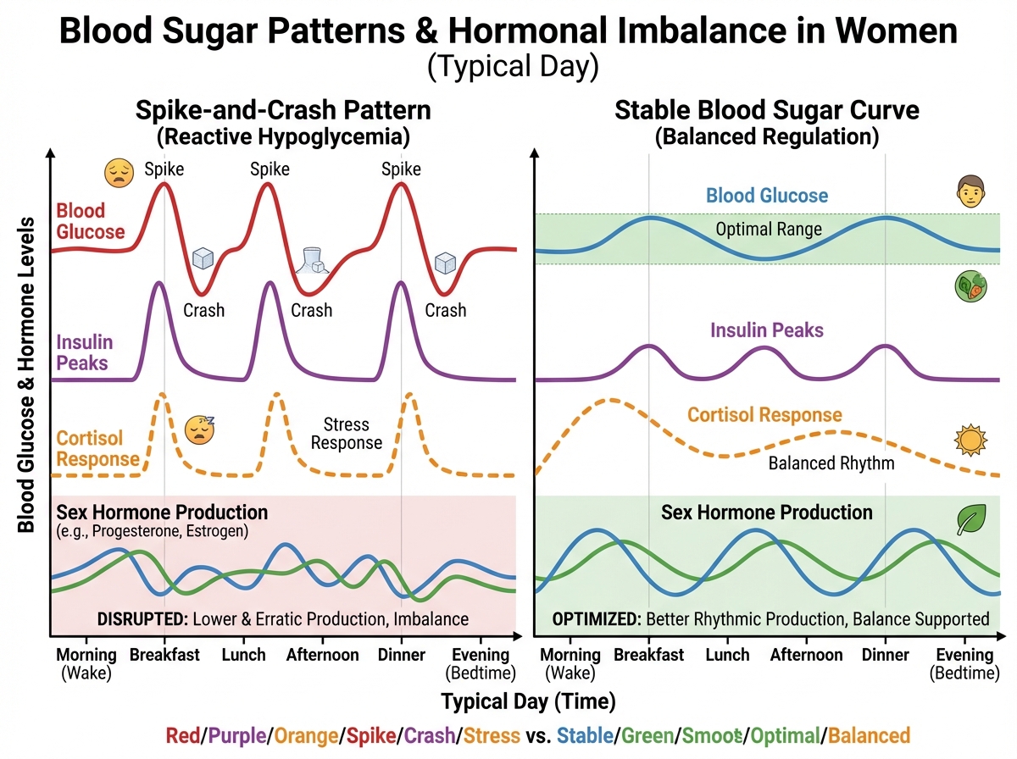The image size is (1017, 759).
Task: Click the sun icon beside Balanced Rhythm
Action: tap(966, 440)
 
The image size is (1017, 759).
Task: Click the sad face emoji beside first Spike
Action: tap(119, 174)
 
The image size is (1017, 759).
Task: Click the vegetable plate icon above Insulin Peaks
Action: tap(968, 288)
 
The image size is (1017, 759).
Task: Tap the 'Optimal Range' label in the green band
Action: tap(768, 229)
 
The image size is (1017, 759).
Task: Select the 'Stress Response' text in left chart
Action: tap(353, 433)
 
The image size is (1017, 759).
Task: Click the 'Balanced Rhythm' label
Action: tap(831, 463)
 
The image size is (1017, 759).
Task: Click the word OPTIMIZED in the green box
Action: tap(596, 618)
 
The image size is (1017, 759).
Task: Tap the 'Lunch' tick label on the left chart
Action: tap(243, 655)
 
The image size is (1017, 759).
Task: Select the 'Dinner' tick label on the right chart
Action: tap(885, 655)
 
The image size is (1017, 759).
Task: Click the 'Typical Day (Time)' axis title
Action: tap(527, 701)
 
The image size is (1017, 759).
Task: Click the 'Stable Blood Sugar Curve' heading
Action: tap(767, 110)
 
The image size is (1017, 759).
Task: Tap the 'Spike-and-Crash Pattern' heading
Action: tap(281, 110)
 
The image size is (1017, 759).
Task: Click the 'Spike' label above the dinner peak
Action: tap(401, 169)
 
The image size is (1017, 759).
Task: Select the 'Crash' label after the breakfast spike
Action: tap(204, 310)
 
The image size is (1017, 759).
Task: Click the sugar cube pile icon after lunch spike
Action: tap(314, 259)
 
